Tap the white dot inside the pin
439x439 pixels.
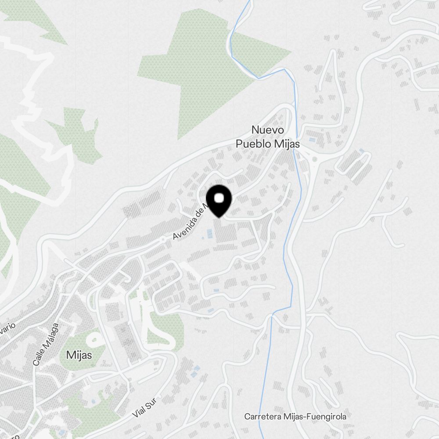coord(219,198)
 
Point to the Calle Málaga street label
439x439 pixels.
coord(45,345)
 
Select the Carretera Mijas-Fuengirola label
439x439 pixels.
coord(295,416)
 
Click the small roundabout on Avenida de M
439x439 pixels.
coord(163,239)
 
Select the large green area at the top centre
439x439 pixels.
coord(206,70)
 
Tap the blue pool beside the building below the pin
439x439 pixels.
coord(203,237)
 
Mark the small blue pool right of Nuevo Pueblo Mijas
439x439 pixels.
coord(311,140)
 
